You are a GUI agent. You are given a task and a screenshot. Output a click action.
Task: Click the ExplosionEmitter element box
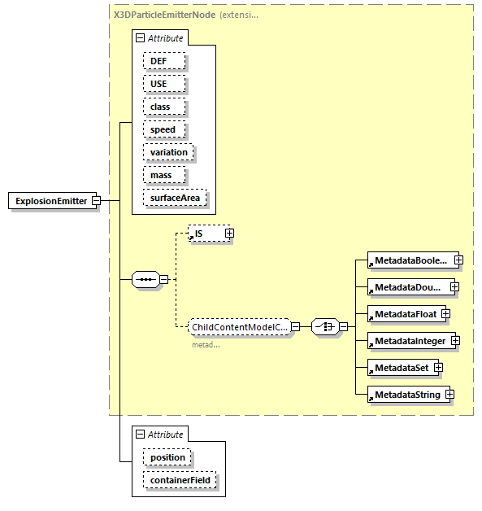[x=51, y=201]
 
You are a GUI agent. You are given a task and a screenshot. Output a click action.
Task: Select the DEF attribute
[x=164, y=61]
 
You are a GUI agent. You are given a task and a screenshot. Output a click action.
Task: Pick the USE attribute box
[x=164, y=84]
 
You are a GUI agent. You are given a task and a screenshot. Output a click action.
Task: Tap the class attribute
[x=164, y=107]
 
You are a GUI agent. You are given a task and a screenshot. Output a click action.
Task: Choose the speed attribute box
[x=164, y=129]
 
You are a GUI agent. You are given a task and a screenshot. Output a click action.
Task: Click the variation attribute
[x=168, y=152]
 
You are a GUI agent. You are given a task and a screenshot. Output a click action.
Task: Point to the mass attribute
[x=163, y=175]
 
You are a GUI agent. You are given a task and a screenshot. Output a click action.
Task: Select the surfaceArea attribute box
[x=174, y=198]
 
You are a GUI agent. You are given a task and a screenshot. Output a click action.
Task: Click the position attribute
[x=167, y=457]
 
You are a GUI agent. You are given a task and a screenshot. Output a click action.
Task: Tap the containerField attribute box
[x=180, y=480]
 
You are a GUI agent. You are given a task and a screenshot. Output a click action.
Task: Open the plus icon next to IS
[x=229, y=234]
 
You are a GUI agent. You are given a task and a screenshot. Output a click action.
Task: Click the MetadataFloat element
[x=405, y=314]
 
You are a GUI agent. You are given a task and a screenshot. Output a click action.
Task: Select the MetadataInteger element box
[x=410, y=341]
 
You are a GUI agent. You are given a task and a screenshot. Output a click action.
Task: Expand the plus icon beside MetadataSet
[x=438, y=368]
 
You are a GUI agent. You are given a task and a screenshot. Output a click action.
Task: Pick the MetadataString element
[x=406, y=395]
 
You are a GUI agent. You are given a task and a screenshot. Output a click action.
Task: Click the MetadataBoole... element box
[x=410, y=260]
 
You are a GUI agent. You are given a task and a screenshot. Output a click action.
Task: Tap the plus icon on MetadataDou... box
[x=454, y=287]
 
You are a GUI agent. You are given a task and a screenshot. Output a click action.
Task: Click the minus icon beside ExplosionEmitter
[x=96, y=201]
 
